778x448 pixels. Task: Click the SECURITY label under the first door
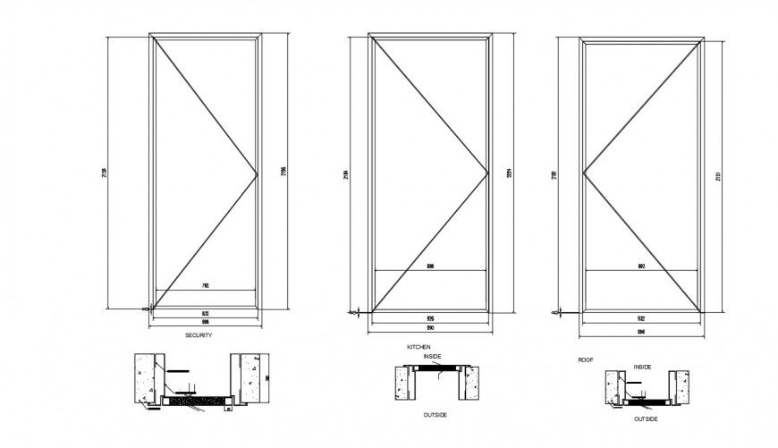pyautogui.click(x=198, y=335)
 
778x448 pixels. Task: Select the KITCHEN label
pyautogui.click(x=419, y=345)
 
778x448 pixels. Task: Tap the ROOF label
pyautogui.click(x=586, y=358)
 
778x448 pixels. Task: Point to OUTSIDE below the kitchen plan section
pyautogui.click(x=436, y=415)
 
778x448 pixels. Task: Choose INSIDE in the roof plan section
pyautogui.click(x=642, y=367)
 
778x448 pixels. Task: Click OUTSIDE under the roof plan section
pyautogui.click(x=646, y=418)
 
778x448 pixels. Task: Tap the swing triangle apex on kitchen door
pyautogui.click(x=486, y=171)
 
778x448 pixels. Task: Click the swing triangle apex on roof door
pyautogui.click(x=583, y=171)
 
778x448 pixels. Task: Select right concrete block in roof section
pyautogui.click(x=681, y=385)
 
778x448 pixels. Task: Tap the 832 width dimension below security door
pyautogui.click(x=206, y=313)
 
